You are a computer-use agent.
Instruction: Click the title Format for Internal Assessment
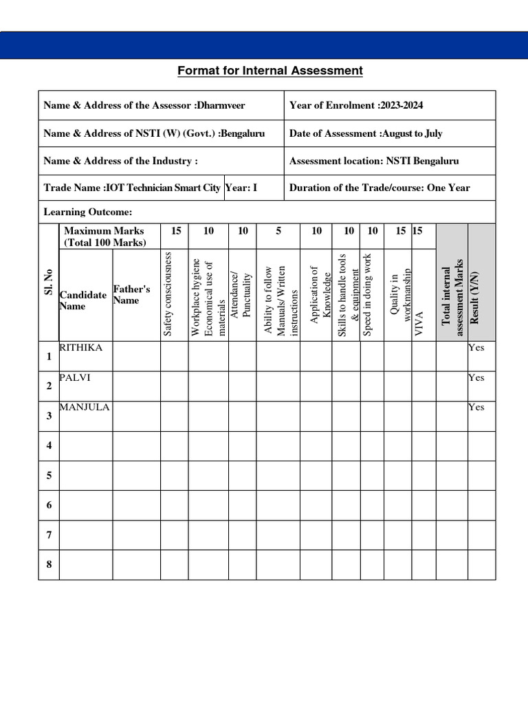pos(270,71)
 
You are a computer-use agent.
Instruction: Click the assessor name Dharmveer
pos(221,105)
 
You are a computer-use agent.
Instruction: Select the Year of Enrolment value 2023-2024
pos(401,105)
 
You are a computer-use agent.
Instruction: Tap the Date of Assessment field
pos(366,133)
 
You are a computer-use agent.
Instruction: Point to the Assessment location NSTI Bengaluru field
pos(374,161)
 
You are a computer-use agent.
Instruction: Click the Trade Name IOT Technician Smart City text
pos(132,188)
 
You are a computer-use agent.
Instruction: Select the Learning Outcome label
pos(88,212)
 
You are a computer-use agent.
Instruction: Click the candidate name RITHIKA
pos(81,348)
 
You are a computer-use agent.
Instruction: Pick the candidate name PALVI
pos(75,377)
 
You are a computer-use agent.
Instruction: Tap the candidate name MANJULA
pos(85,407)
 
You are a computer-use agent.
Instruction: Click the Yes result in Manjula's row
pos(476,407)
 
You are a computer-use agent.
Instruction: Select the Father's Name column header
pos(131,295)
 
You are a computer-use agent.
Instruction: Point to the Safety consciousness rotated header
pos(167,294)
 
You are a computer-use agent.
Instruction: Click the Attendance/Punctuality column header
pos(242,294)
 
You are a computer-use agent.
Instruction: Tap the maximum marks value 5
pos(278,231)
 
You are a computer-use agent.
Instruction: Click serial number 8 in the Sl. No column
pos(49,564)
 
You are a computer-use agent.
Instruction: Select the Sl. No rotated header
pos(48,282)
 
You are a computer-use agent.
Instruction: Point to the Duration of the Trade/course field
pos(379,188)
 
